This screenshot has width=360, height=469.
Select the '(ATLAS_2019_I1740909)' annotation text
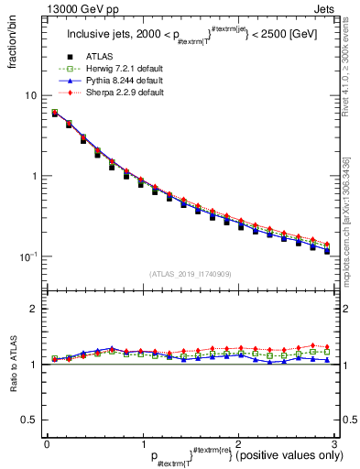190,274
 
